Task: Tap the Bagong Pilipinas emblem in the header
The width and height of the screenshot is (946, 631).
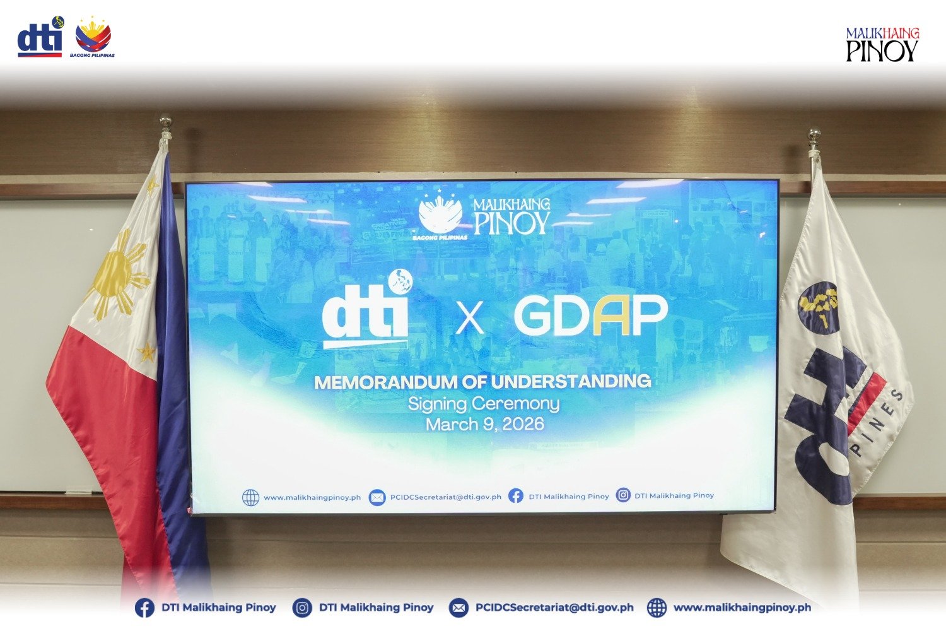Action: click(93, 37)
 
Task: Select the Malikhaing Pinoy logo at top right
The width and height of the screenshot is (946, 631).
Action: click(882, 44)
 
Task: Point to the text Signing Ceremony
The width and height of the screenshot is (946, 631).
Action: click(483, 403)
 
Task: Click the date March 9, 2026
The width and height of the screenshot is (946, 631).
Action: click(484, 424)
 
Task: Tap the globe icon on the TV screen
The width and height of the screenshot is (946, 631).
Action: click(250, 498)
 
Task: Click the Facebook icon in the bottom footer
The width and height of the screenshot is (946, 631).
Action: click(144, 608)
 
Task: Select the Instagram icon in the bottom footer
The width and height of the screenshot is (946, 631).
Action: click(302, 608)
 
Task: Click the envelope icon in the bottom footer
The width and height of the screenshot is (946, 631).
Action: click(458, 608)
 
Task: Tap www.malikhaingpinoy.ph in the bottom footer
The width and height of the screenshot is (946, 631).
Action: click(742, 608)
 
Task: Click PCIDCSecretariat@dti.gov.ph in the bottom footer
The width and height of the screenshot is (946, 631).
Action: click(554, 608)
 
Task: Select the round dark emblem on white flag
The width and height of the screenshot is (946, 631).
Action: click(819, 307)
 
